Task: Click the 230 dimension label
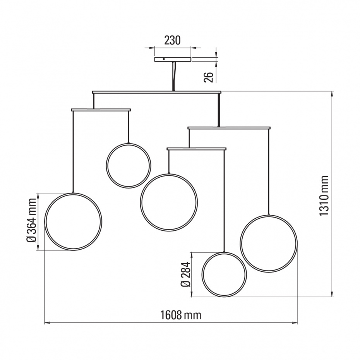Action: click(x=172, y=40)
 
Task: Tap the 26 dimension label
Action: click(x=209, y=77)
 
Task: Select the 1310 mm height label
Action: click(x=324, y=196)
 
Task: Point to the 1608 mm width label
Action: click(x=180, y=315)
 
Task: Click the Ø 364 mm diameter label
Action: click(x=32, y=220)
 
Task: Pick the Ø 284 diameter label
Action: click(x=186, y=274)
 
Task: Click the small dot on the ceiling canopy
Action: click(x=164, y=59)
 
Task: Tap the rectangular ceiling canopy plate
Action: click(x=173, y=60)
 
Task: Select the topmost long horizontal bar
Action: click(x=157, y=92)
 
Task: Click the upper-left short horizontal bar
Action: click(x=101, y=110)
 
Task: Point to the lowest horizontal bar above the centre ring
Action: click(x=197, y=149)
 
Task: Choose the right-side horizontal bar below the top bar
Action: click(x=229, y=128)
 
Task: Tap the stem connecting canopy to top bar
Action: click(x=173, y=76)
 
